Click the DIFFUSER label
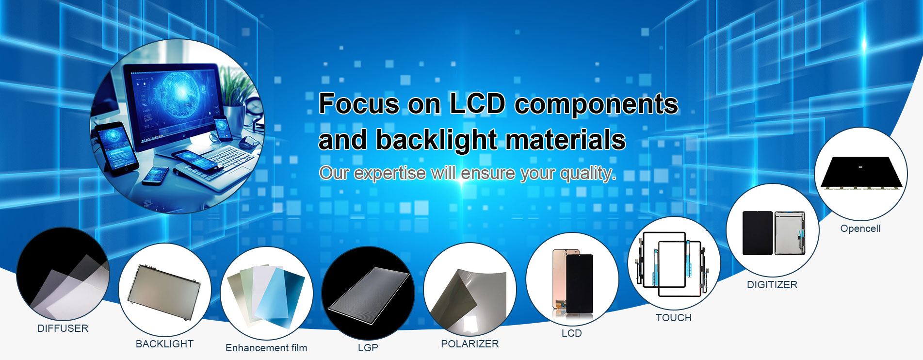tap(63, 328)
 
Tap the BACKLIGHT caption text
tap(164, 344)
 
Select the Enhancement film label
tap(266, 348)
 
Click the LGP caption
tap(368, 348)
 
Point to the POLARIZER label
tap(470, 344)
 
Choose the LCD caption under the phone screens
tap(571, 333)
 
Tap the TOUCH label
tap(674, 318)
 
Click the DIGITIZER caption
tap(772, 285)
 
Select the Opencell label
tap(860, 229)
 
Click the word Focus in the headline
tap(359, 104)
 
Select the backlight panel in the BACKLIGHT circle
tap(164, 292)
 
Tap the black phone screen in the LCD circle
tap(580, 283)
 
